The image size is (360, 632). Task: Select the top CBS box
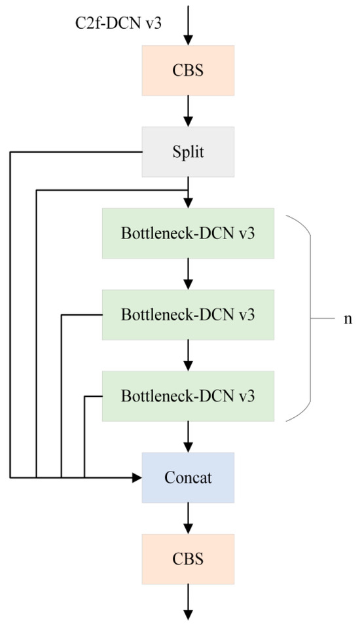(x=188, y=70)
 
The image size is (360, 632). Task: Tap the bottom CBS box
(x=188, y=559)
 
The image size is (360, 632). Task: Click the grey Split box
(x=188, y=152)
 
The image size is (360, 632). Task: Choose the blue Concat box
(x=188, y=477)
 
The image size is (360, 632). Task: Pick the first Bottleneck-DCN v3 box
(x=188, y=233)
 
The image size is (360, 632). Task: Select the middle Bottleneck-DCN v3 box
(x=188, y=314)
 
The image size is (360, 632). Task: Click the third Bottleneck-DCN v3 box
(x=188, y=396)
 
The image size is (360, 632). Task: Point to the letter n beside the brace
(x=347, y=319)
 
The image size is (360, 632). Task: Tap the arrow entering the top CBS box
(x=189, y=26)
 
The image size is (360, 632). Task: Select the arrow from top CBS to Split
(x=189, y=111)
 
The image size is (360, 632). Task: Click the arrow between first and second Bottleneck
(x=189, y=274)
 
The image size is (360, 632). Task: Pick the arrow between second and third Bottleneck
(x=189, y=355)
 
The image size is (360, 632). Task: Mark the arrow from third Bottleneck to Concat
(x=189, y=436)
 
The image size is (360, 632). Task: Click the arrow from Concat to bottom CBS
(x=189, y=518)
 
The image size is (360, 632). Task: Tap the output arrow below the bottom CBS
(x=189, y=601)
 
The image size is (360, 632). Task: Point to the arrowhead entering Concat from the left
(x=137, y=477)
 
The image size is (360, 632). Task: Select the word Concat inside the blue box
(x=188, y=477)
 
